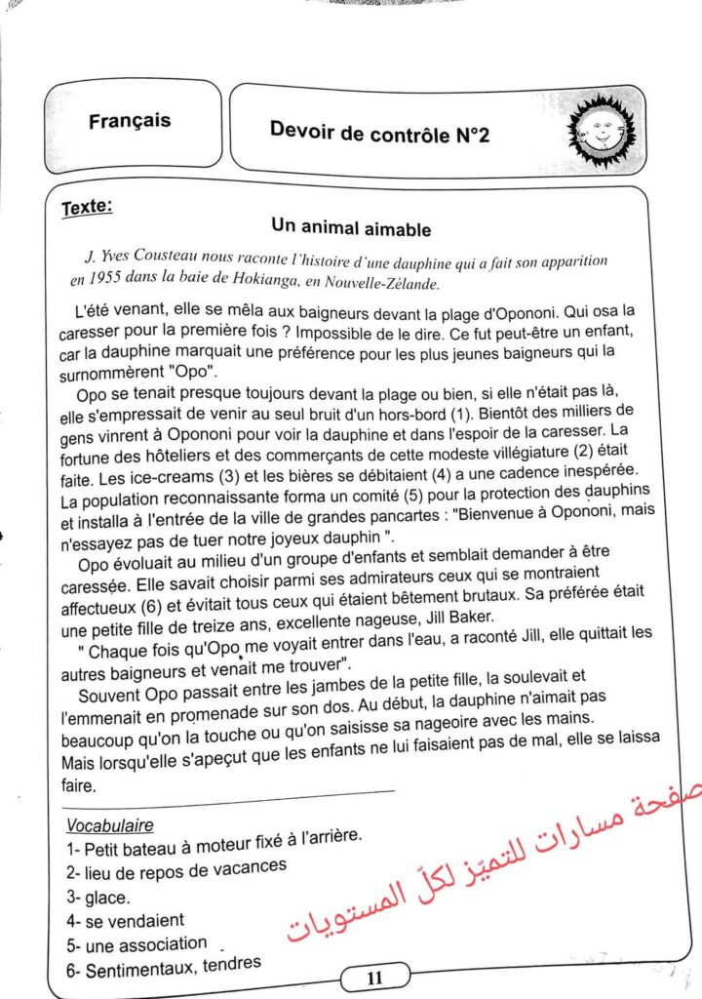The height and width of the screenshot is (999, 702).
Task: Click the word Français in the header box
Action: coord(129,121)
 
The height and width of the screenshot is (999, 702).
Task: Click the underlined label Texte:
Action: coord(87,207)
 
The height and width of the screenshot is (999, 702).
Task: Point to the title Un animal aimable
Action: coord(351,229)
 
